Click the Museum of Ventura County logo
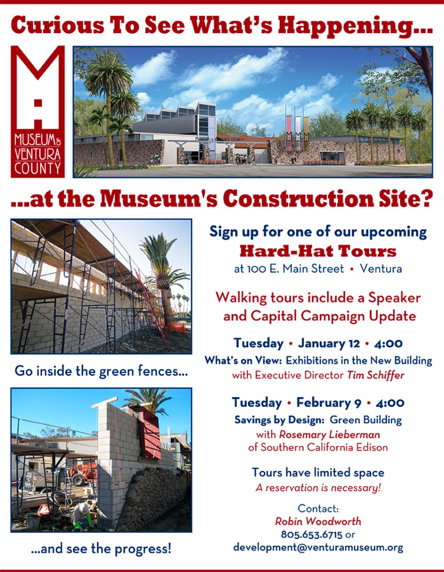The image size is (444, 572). [x=38, y=112]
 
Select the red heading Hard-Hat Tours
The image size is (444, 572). [x=318, y=251]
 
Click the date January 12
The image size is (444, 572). [x=329, y=343]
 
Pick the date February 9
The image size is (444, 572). [x=328, y=403]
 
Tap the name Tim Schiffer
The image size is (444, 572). [x=375, y=375]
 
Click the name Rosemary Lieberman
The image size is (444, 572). [x=330, y=434]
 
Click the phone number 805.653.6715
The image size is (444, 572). [x=312, y=534]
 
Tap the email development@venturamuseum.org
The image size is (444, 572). [x=318, y=548]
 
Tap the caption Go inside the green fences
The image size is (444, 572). [x=101, y=371]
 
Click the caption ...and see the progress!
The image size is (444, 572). [x=101, y=549]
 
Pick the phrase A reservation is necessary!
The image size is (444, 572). [x=318, y=488]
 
